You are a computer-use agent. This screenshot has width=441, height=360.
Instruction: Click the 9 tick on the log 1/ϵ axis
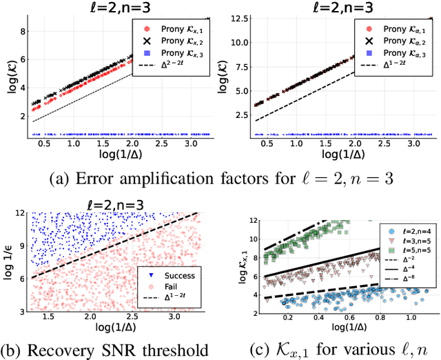click(21, 244)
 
